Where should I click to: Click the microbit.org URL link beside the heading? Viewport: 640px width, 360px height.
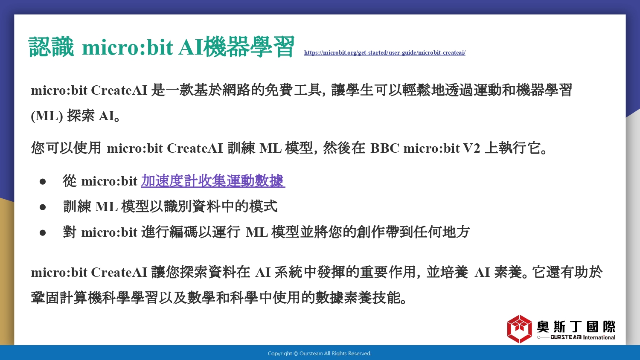[x=384, y=52]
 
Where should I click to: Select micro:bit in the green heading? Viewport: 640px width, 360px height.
[x=128, y=47]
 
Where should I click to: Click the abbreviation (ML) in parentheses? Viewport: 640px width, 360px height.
[x=47, y=116]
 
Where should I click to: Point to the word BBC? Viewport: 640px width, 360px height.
[x=384, y=148]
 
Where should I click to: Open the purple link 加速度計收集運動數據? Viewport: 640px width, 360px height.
[x=213, y=181]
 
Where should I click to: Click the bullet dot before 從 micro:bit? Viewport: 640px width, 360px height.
[x=43, y=182]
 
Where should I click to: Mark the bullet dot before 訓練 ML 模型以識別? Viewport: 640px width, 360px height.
[x=43, y=207]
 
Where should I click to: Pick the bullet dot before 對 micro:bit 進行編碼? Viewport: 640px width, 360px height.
[x=43, y=233]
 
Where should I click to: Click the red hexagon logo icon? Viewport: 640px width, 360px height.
[x=519, y=329]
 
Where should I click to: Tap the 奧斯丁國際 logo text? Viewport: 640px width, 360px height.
[x=576, y=327]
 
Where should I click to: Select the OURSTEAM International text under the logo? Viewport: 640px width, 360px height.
[x=583, y=337]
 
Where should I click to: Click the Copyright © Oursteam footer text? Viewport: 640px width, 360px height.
[x=320, y=354]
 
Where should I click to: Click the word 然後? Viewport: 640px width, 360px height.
[x=337, y=148]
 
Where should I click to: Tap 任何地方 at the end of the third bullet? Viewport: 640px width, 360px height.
[x=441, y=232]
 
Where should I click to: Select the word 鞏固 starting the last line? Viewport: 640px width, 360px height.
[x=45, y=298]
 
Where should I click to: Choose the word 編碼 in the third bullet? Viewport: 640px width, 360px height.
[x=183, y=232]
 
